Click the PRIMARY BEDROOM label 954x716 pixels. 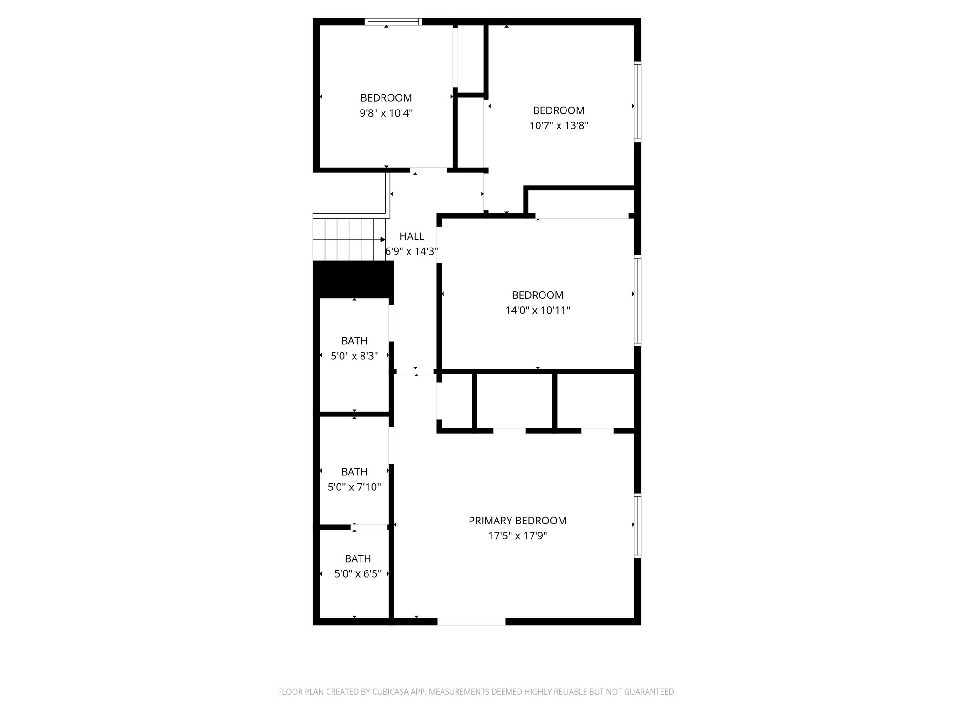click(517, 521)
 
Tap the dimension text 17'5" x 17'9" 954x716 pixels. click(517, 536)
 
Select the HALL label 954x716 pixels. click(411, 236)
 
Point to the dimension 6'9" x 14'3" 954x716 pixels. click(411, 252)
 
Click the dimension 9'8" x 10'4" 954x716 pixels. click(386, 113)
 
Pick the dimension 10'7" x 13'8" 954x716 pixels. click(559, 126)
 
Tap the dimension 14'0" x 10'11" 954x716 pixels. click(538, 310)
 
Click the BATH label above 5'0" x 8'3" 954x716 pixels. click(354, 341)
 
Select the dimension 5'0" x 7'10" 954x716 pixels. click(354, 488)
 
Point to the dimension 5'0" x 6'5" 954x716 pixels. click(358, 574)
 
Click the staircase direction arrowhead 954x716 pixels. click(383, 240)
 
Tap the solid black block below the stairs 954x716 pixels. click(353, 279)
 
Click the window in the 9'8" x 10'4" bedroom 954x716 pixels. click(393, 21)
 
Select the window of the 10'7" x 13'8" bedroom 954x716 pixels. click(638, 102)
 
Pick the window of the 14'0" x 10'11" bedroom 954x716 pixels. click(638, 301)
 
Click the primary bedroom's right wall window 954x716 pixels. click(638, 526)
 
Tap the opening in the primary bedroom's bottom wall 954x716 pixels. click(471, 621)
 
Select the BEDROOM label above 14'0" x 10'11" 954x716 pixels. click(538, 295)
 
